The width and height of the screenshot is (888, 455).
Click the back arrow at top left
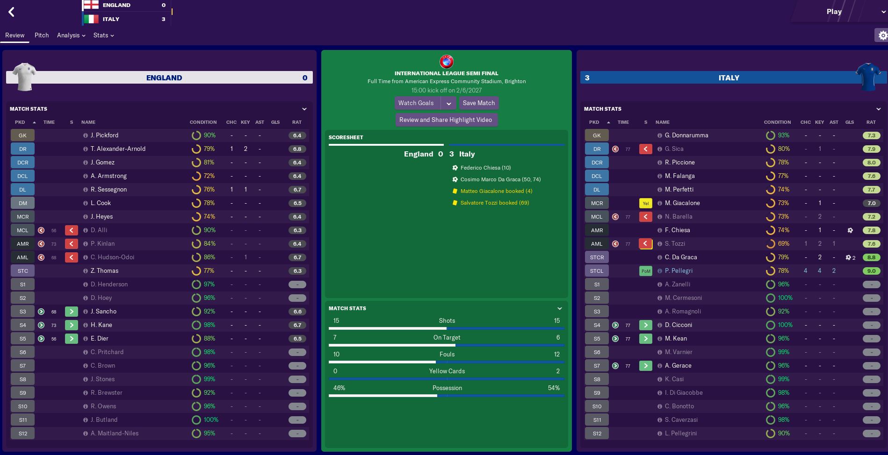point(12,12)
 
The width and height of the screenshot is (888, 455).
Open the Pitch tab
point(42,35)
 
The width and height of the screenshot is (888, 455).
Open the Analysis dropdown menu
point(71,35)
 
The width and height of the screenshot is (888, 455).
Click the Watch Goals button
point(416,103)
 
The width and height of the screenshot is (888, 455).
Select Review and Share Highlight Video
point(446,120)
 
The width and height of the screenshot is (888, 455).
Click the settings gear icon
point(882,35)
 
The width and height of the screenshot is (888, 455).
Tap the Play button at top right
point(834,12)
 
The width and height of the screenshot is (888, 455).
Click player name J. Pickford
point(104,135)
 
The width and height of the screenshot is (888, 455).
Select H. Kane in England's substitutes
point(101,325)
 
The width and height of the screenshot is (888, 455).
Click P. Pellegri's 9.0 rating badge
point(871,271)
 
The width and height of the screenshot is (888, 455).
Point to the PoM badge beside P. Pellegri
point(645,271)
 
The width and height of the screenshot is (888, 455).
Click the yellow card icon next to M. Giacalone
point(645,203)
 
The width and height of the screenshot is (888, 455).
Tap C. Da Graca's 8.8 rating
point(871,257)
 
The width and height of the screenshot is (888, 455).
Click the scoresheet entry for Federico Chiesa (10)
point(485,168)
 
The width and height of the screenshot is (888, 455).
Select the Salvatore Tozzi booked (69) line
point(494,203)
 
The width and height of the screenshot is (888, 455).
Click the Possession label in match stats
point(447,388)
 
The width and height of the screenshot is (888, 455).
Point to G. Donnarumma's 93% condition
point(783,135)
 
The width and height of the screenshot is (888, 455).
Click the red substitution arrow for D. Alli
point(71,230)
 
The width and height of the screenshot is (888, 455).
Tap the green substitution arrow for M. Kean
point(645,339)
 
